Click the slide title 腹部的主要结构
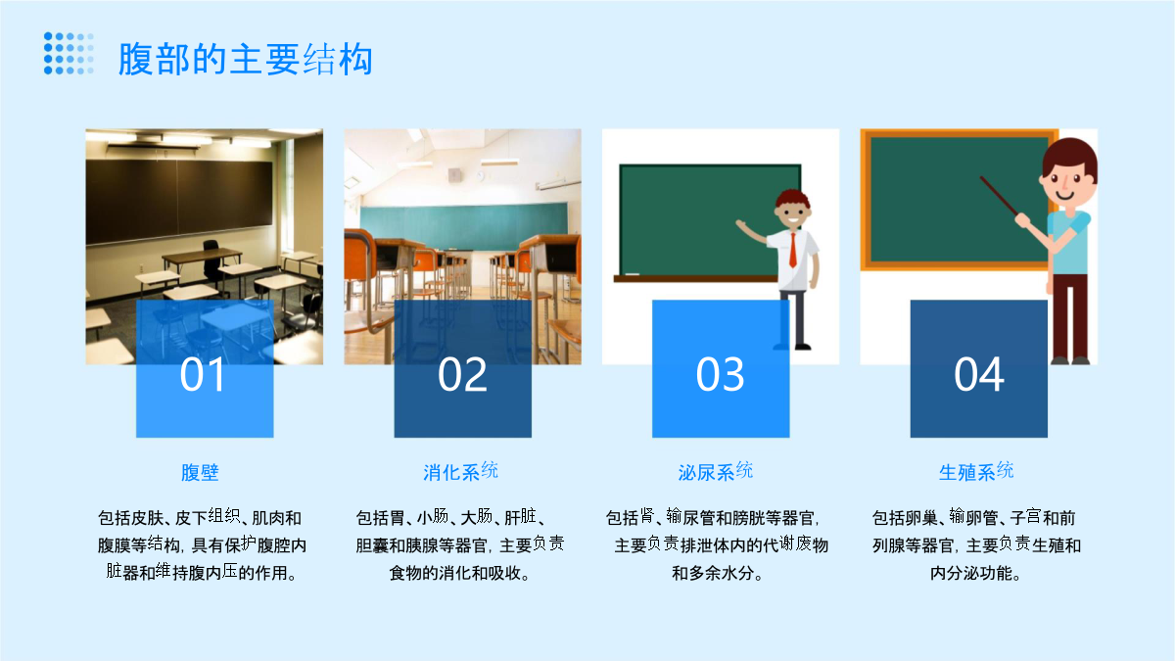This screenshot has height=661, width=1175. (x=246, y=59)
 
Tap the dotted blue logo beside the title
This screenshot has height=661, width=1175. (x=69, y=54)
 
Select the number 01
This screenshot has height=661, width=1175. (x=203, y=374)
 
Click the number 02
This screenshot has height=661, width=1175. (x=462, y=374)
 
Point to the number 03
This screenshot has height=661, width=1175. (x=721, y=374)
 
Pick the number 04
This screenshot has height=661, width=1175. (x=979, y=374)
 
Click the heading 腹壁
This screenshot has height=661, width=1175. (x=200, y=472)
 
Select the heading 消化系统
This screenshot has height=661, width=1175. (x=460, y=471)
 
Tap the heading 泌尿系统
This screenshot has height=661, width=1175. (x=716, y=471)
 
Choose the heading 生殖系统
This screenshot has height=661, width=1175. (x=976, y=471)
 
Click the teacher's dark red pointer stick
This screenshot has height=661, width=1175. (x=1000, y=196)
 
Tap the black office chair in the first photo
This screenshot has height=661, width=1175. (x=212, y=262)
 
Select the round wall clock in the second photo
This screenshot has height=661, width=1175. (x=480, y=175)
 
